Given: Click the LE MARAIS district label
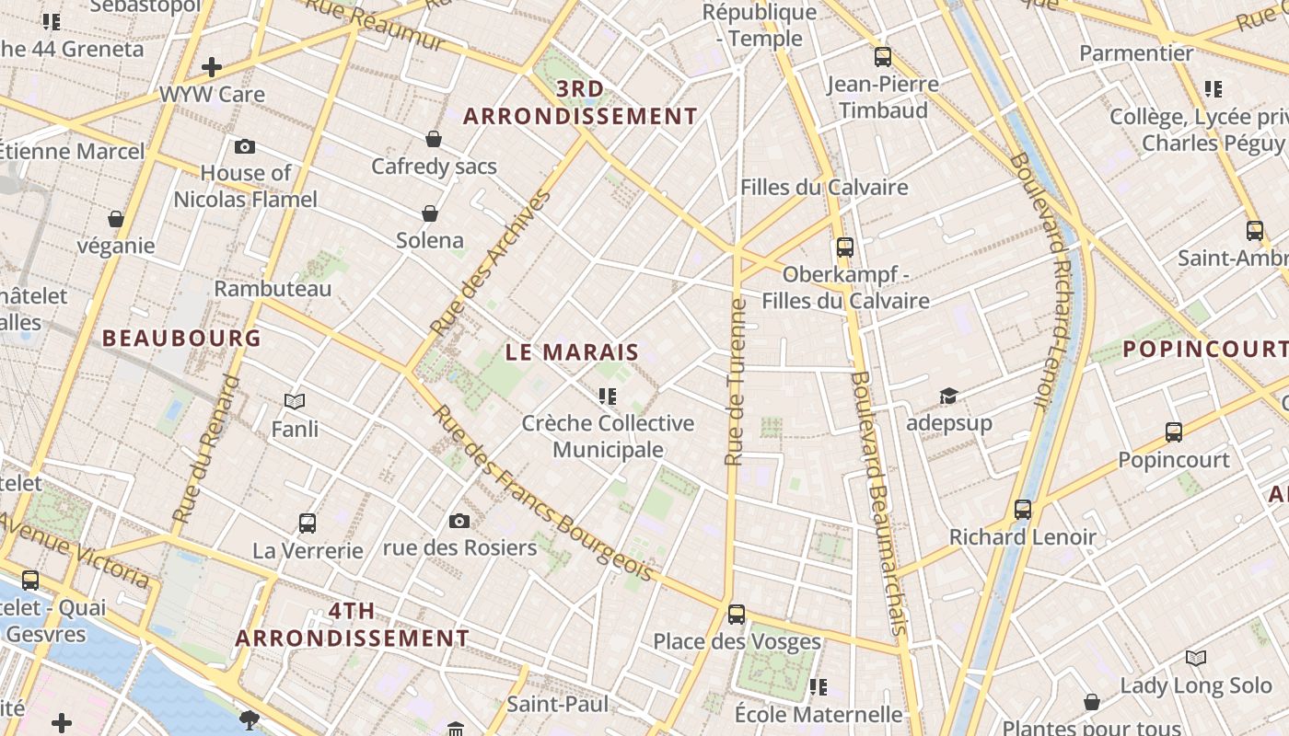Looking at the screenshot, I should click(572, 352).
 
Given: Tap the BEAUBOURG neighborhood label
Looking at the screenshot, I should click(181, 339).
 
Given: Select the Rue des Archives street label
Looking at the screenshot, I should click(490, 263).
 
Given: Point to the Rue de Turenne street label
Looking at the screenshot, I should click(735, 382).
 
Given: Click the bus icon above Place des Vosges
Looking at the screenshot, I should click(736, 614).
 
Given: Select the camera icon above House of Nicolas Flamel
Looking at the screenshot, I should click(245, 146).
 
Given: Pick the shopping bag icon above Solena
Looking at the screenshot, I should click(429, 213).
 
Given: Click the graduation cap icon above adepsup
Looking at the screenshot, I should click(948, 396).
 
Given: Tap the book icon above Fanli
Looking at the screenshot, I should click(295, 401).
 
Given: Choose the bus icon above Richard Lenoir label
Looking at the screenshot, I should click(1022, 509).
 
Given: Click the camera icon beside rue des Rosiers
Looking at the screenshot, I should click(459, 522).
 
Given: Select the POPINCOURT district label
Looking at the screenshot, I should click(1204, 350).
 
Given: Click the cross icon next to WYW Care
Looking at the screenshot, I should click(212, 67).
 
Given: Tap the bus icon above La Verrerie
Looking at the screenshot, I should click(308, 523).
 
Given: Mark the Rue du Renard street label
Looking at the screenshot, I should click(206, 449).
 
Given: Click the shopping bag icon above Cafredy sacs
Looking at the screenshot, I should click(434, 139).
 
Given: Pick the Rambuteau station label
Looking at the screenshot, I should click(273, 289).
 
